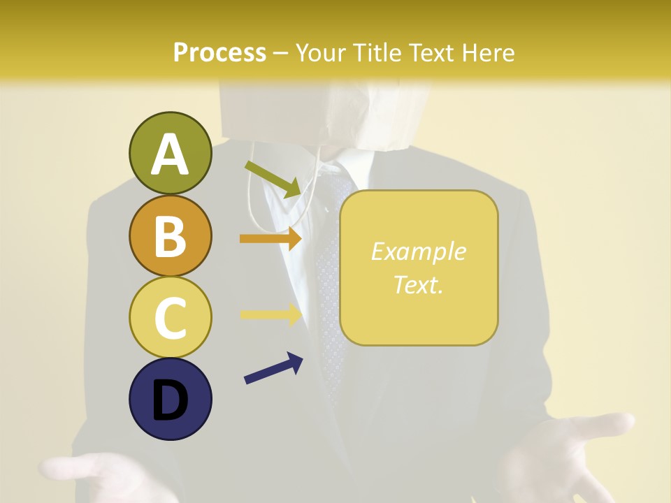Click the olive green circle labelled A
coord(170,153)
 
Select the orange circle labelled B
coord(170,235)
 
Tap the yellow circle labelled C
coord(170,317)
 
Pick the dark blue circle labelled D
coord(170,399)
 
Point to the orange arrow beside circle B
coord(270,238)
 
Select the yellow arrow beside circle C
coord(270,314)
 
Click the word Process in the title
coord(219,53)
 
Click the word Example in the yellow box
coord(418,251)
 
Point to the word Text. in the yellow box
coord(418,284)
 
